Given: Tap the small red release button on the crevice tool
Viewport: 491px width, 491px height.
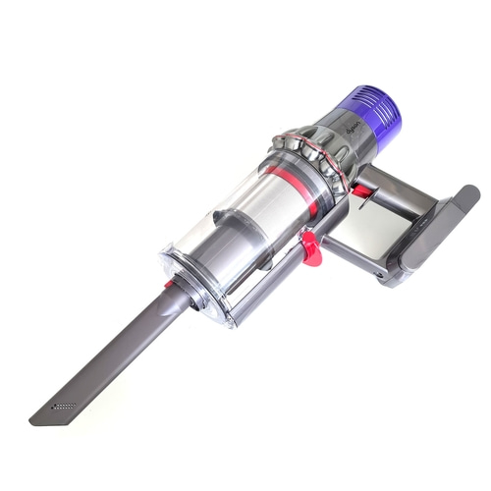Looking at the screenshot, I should (169, 284).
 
